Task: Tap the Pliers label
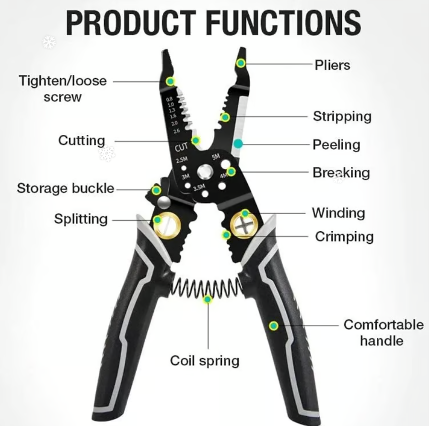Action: pyautogui.click(x=332, y=65)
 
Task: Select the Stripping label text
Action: pyautogui.click(x=342, y=117)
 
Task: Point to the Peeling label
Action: pyautogui.click(x=336, y=145)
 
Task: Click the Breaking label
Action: pyautogui.click(x=341, y=173)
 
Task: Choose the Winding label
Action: pyautogui.click(x=338, y=213)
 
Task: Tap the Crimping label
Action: pyautogui.click(x=344, y=237)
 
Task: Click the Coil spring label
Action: pyautogui.click(x=205, y=361)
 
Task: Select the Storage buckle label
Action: pyautogui.click(x=66, y=189)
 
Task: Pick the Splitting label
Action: pyautogui.click(x=81, y=220)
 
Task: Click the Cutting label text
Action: pyautogui.click(x=81, y=141)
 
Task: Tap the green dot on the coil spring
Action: pyautogui.click(x=208, y=299)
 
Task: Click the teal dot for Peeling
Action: pyautogui.click(x=238, y=143)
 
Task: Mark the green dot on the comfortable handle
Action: pyautogui.click(x=273, y=326)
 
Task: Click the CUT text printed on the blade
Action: pyautogui.click(x=181, y=147)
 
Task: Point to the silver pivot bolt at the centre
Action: pyautogui.click(x=205, y=173)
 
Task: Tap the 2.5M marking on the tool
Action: pyautogui.click(x=182, y=159)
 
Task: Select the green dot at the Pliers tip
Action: pyautogui.click(x=241, y=63)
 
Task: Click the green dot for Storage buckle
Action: pyautogui.click(x=156, y=190)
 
